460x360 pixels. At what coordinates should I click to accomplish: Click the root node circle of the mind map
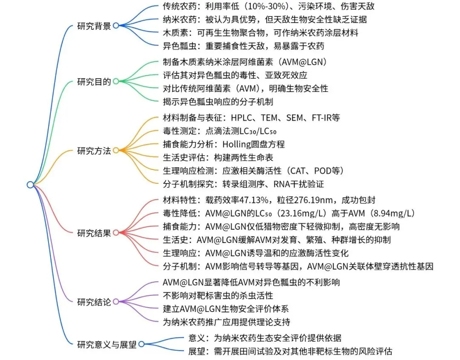(30, 184)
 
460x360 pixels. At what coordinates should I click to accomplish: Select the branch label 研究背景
(94, 26)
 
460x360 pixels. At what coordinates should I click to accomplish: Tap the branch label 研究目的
(94, 81)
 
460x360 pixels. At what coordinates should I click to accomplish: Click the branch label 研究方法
(94, 151)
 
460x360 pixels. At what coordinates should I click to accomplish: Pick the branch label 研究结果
(94, 233)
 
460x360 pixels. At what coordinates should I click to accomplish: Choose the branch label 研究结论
(94, 302)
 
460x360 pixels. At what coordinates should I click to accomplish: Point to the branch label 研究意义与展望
(107, 344)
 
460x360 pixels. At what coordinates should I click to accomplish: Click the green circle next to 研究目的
(115, 81)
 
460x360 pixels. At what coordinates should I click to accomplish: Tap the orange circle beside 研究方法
(115, 151)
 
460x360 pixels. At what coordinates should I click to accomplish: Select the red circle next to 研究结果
(115, 233)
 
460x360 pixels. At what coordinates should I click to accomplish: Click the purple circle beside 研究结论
(115, 302)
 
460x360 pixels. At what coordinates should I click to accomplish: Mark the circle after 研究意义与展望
(141, 344)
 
